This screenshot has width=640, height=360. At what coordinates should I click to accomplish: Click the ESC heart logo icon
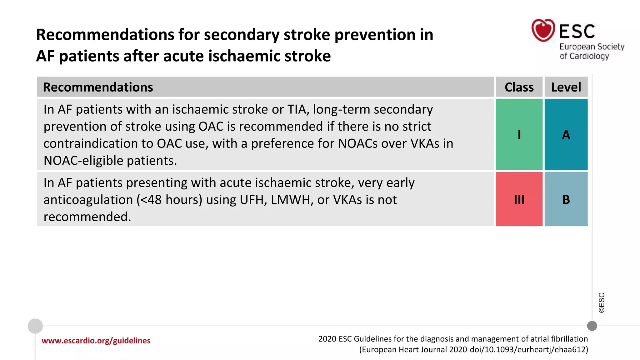[x=543, y=30]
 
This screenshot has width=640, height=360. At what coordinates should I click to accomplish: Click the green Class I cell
[x=519, y=134]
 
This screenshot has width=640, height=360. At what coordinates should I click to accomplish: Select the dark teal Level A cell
[x=566, y=134]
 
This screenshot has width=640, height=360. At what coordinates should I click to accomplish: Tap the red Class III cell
[x=519, y=199]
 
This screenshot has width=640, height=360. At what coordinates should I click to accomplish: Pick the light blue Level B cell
[x=566, y=199]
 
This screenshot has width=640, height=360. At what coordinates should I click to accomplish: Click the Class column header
[x=519, y=87]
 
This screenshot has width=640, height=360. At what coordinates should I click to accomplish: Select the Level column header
[x=566, y=87]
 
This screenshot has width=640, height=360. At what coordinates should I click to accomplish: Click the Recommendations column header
[x=98, y=87]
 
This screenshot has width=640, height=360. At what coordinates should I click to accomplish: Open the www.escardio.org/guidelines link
[x=96, y=341]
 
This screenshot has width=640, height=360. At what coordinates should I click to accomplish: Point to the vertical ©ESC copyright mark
[x=602, y=302]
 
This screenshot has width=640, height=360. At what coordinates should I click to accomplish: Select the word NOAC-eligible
[x=83, y=161]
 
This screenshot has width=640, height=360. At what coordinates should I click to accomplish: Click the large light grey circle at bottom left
[x=35, y=326]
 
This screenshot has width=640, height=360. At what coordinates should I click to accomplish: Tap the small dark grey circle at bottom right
[x=592, y=326]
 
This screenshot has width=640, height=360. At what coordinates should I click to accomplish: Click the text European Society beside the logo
[x=592, y=47]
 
